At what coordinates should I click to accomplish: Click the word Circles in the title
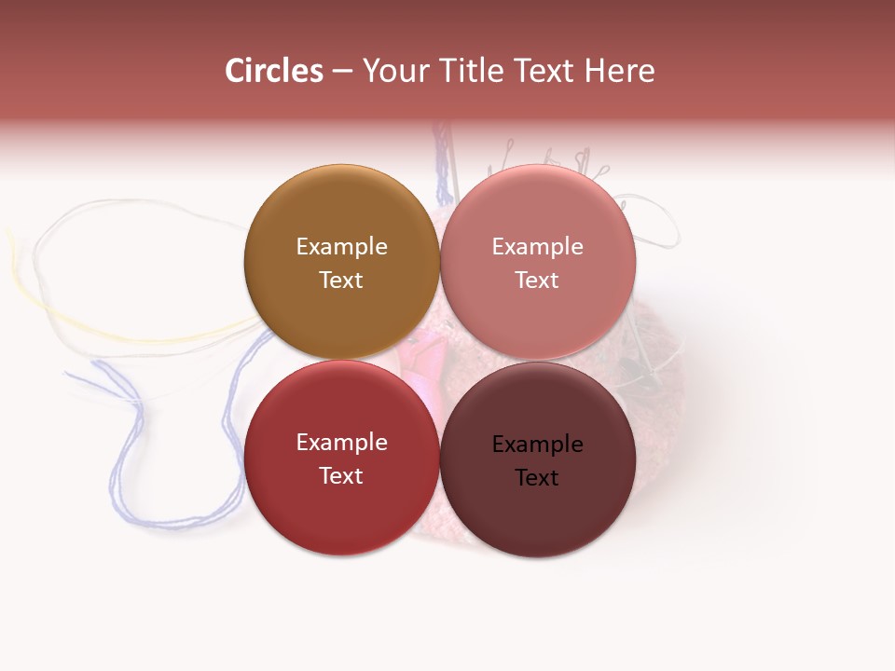(273, 71)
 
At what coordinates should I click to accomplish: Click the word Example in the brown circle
(341, 246)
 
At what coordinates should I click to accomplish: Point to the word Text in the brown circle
(341, 280)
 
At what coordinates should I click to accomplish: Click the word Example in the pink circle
(538, 246)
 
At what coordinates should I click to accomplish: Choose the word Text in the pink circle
(538, 280)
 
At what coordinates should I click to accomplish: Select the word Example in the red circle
(341, 442)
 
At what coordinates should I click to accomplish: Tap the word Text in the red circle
(341, 475)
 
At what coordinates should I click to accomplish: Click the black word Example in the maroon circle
(538, 444)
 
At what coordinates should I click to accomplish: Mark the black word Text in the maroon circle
(538, 477)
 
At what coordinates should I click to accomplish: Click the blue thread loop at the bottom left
(121, 466)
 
